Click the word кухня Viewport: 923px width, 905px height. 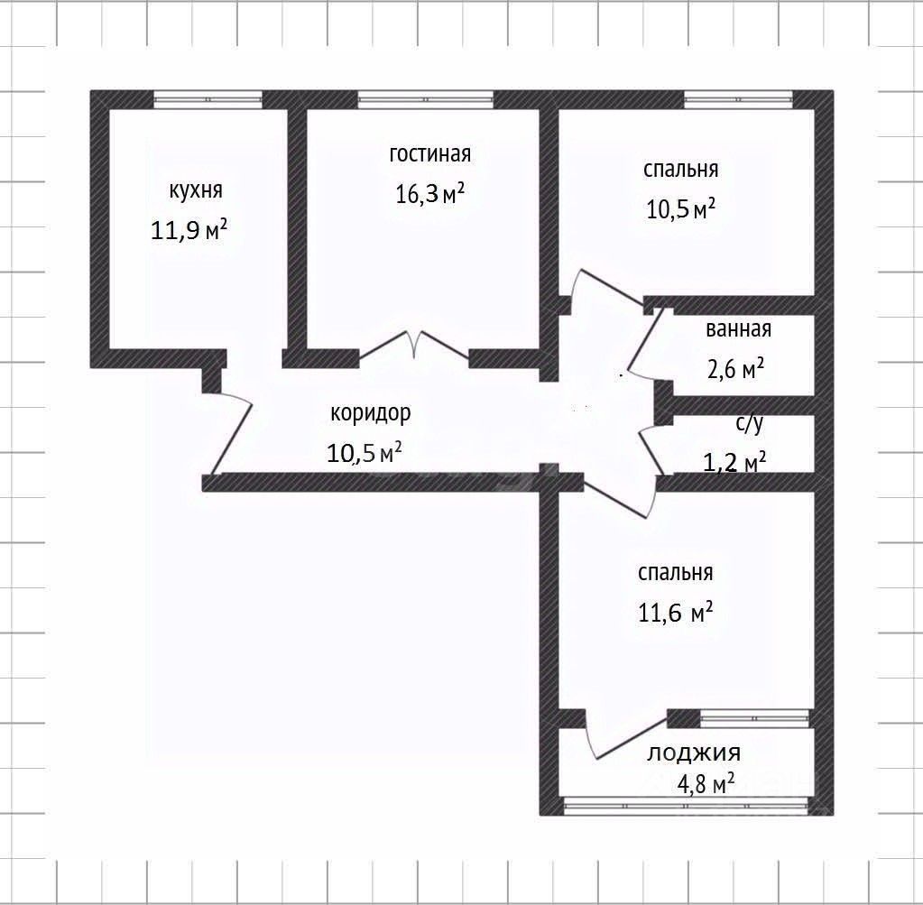click(196, 190)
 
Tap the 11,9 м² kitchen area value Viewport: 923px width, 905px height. click(189, 230)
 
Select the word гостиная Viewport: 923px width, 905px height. click(430, 153)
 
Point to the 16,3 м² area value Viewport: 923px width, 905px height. click(430, 193)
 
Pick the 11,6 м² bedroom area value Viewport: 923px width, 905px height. click(676, 613)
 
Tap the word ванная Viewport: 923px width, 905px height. click(738, 329)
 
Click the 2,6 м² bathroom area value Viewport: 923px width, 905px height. click(736, 369)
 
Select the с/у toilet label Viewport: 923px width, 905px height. click(750, 423)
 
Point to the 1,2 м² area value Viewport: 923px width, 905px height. click(734, 462)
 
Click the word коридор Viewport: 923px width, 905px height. click(370, 414)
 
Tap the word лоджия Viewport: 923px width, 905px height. click(694, 753)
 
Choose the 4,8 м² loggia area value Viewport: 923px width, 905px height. click(706, 784)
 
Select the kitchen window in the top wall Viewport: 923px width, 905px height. click(208, 99)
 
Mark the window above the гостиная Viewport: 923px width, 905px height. click(425, 99)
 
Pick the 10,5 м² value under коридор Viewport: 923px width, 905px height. click(365, 453)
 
